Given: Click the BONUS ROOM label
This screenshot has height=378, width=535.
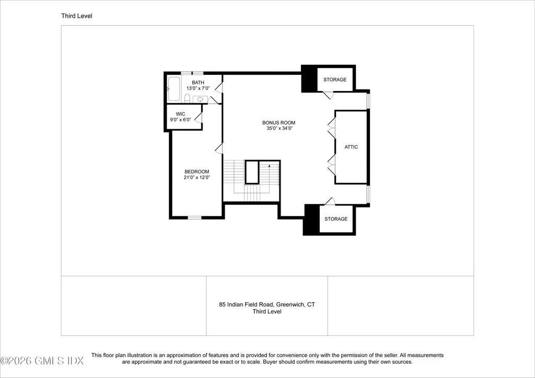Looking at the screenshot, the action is (x=278, y=122).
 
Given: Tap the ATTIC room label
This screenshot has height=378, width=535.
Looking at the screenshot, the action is (x=351, y=147).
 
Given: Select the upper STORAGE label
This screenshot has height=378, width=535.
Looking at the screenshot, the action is (x=335, y=79).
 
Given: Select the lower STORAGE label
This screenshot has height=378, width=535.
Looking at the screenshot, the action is (x=336, y=219).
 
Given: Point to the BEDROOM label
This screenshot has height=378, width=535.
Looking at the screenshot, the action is (x=197, y=172).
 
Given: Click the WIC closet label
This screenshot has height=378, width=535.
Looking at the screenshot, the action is (x=180, y=114).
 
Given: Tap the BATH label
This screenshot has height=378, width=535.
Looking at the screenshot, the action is (x=198, y=83).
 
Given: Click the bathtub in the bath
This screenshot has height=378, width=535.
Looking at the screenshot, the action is (x=173, y=89).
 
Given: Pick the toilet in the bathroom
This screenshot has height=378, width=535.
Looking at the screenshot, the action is (x=187, y=98).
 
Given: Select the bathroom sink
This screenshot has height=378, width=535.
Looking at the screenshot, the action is (x=200, y=99).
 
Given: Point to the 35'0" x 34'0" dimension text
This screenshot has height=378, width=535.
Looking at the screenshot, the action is (x=280, y=129).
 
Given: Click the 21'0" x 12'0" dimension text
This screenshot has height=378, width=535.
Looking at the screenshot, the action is (x=197, y=178).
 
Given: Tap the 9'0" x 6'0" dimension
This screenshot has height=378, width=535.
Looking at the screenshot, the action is (x=180, y=120).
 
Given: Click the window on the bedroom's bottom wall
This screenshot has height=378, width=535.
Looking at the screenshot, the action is (x=194, y=217).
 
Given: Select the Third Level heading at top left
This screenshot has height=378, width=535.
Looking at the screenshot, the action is (x=77, y=16).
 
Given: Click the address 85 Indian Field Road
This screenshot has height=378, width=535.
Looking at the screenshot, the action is (x=246, y=304).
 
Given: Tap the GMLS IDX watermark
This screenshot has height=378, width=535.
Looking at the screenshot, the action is (x=42, y=361).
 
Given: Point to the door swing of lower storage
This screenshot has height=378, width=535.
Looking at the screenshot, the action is (x=330, y=201).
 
